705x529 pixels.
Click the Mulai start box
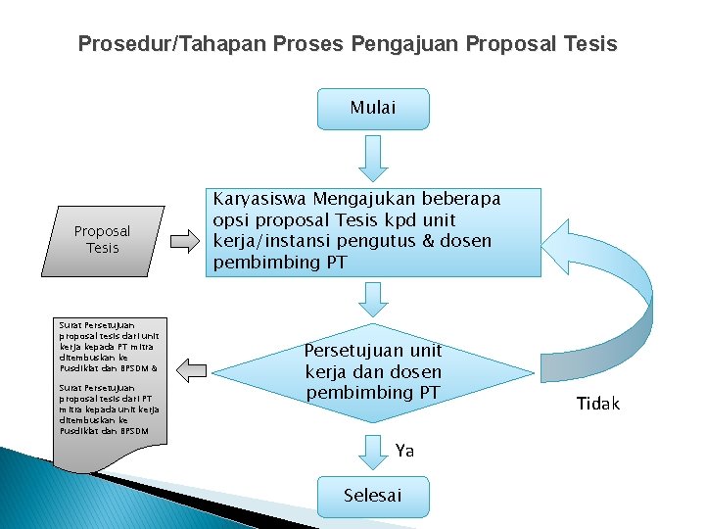pyautogui.click(x=373, y=109)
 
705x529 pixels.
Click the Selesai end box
pyautogui.click(x=372, y=496)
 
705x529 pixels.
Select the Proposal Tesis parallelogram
pyautogui.click(x=102, y=239)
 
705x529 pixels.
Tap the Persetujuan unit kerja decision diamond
pyautogui.click(x=372, y=371)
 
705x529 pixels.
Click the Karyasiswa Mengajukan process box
pyautogui.click(x=373, y=231)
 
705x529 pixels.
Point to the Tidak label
pyautogui.click(x=597, y=404)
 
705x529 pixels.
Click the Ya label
pyautogui.click(x=405, y=451)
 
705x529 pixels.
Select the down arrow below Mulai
pyautogui.click(x=373, y=158)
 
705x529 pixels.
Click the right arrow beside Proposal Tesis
pyautogui.click(x=183, y=239)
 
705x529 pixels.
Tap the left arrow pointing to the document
pyautogui.click(x=193, y=368)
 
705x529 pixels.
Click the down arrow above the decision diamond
pyautogui.click(x=373, y=299)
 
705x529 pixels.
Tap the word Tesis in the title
pyautogui.click(x=591, y=44)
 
